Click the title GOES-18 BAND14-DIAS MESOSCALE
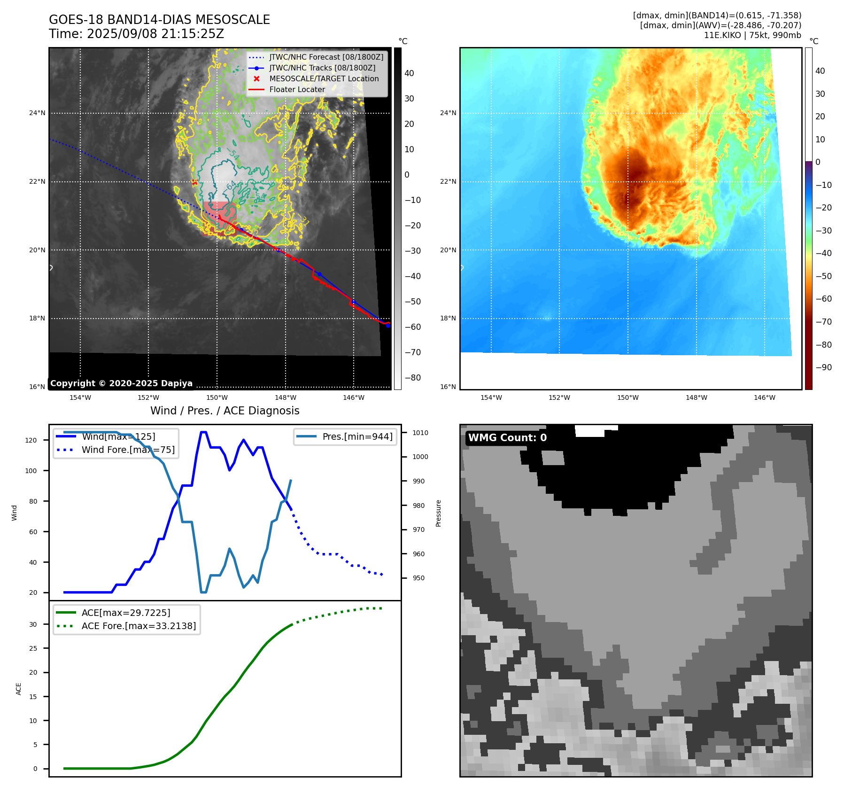[159, 20]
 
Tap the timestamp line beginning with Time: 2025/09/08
[136, 34]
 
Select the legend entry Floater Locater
[297, 89]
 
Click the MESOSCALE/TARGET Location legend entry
[324, 78]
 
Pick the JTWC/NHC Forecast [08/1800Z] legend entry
[326, 57]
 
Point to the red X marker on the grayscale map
[194, 182]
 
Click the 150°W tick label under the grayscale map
[217, 397]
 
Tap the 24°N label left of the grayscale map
[37, 113]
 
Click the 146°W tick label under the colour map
[764, 397]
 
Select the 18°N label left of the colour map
[448, 318]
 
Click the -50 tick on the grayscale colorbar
[412, 302]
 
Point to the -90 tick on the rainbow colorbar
[823, 367]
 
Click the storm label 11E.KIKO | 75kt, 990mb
[752, 35]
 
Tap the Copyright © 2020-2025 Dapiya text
[121, 383]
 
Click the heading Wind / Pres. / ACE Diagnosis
[225, 411]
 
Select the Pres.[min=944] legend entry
[357, 436]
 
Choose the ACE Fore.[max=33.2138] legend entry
[139, 626]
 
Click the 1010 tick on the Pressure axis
[420, 433]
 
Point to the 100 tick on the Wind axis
[31, 471]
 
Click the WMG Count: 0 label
[507, 438]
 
